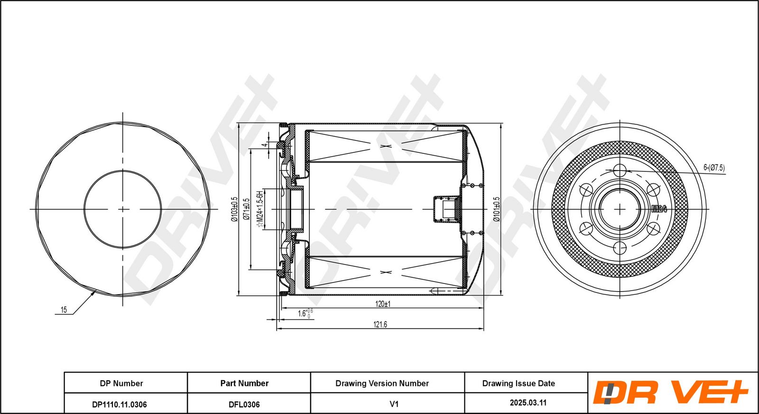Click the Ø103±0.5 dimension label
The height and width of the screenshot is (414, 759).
click(234, 209)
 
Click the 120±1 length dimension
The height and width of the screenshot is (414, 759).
click(383, 304)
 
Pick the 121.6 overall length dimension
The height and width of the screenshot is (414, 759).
click(380, 324)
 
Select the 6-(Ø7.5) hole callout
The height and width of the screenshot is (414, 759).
click(714, 168)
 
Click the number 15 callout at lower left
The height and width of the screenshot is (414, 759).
click(64, 310)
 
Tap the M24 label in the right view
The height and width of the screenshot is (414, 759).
click(659, 209)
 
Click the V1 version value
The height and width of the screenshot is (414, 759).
click(394, 404)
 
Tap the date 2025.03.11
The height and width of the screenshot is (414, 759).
click(528, 403)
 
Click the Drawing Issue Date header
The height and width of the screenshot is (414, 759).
click(519, 383)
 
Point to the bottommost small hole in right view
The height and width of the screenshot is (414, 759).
click(620, 248)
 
